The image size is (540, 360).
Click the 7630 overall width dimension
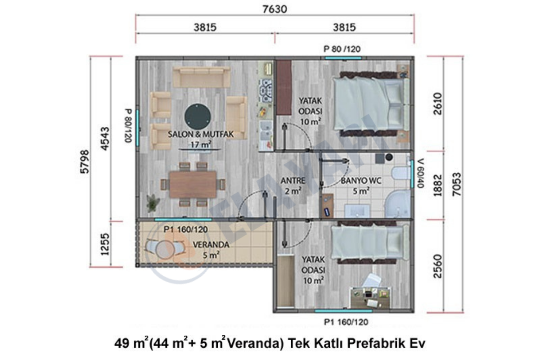[x=274, y=9]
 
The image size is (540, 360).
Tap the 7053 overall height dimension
[x=457, y=184]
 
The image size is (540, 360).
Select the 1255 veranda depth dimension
[x=105, y=244]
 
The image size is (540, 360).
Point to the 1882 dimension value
[x=438, y=185]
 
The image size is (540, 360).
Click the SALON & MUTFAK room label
[x=201, y=134]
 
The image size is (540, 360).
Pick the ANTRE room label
[x=293, y=180]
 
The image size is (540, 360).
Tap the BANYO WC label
[x=361, y=180]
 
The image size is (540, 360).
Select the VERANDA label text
[x=211, y=245]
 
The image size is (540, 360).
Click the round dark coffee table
[x=198, y=117]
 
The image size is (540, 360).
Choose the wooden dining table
[x=193, y=184]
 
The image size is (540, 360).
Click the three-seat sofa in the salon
[x=202, y=77]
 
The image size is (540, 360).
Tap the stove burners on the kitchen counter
[x=265, y=91]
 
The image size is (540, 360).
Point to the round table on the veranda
[x=166, y=250]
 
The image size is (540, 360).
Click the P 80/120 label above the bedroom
[x=342, y=49]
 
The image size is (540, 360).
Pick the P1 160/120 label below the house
[x=346, y=322]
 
